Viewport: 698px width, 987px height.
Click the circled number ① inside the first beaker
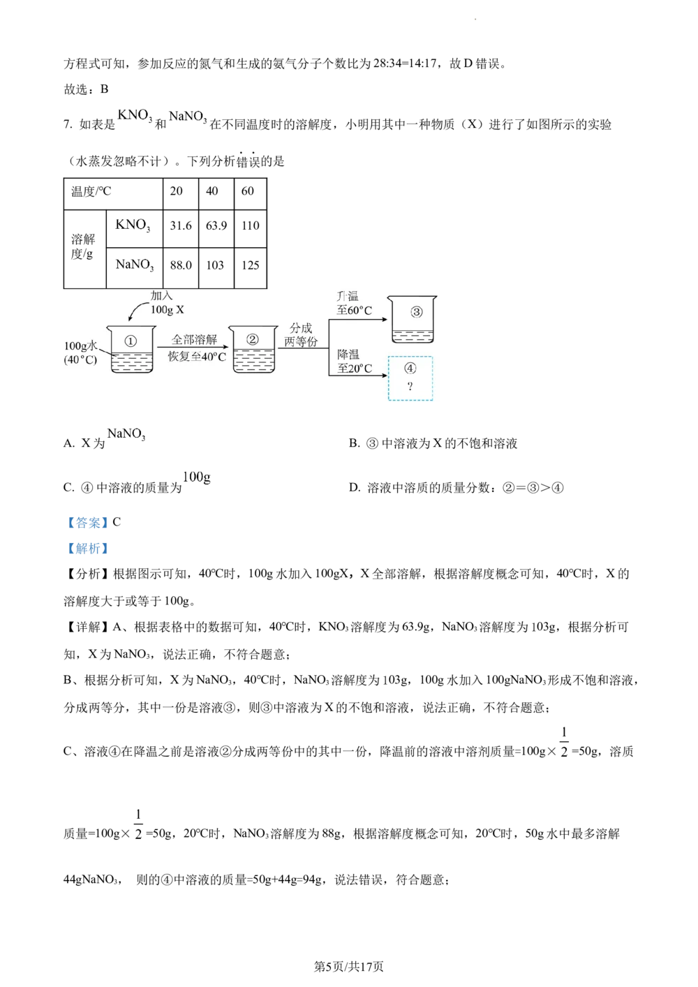tap(131, 341)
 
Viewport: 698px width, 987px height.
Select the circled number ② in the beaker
tap(252, 339)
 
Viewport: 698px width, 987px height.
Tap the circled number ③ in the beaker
tap(416, 312)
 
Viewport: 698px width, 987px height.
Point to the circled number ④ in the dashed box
tap(410, 369)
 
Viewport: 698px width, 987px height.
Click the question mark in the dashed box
tap(410, 387)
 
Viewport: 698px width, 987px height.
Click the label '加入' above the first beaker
tap(161, 296)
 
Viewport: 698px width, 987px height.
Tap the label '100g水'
tap(80, 346)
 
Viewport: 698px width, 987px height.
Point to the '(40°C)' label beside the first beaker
tap(80, 360)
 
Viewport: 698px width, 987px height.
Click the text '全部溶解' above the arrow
tap(195, 340)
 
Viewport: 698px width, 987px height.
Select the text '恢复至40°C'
tap(197, 357)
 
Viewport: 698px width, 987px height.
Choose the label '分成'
tap(301, 328)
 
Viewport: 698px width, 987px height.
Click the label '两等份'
tap(301, 343)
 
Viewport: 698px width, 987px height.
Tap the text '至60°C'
tap(355, 311)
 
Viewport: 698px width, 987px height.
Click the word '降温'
tap(348, 355)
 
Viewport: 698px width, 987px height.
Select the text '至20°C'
tap(355, 369)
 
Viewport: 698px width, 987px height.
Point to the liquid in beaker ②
tap(252, 360)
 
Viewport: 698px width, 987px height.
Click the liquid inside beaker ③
tap(413, 335)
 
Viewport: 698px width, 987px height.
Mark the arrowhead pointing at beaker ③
tap(384, 320)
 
